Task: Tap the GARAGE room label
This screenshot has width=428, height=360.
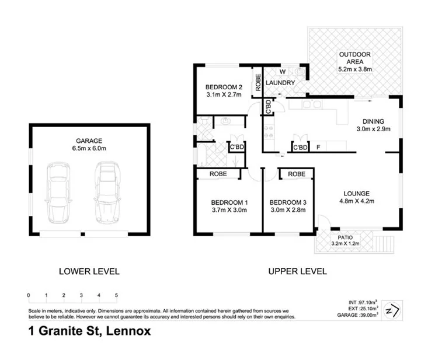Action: (x=89, y=141)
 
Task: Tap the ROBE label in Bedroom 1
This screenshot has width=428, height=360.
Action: (x=219, y=174)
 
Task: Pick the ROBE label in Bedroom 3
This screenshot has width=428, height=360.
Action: (x=297, y=174)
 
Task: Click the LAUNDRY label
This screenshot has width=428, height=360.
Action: (x=280, y=83)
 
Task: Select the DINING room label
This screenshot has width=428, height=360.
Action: (x=373, y=121)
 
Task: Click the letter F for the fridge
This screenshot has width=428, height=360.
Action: (x=318, y=147)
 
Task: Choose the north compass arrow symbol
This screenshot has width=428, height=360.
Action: (x=393, y=310)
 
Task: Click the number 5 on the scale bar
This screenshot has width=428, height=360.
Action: (x=116, y=295)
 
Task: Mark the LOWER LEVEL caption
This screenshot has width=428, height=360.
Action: (x=89, y=271)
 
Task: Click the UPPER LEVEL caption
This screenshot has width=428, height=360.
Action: (x=297, y=271)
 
